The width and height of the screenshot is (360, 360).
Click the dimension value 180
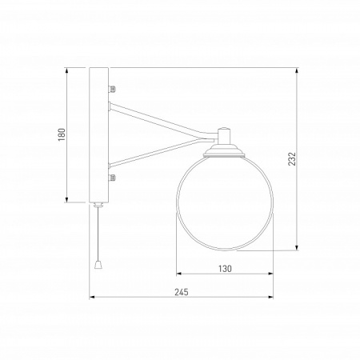point(62,134)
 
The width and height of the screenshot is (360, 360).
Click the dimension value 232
point(292,159)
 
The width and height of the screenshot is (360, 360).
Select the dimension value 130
point(225,269)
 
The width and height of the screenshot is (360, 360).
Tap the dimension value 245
point(182,292)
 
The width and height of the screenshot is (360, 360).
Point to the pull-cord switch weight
point(98,265)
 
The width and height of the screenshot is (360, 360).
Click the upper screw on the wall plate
point(112,88)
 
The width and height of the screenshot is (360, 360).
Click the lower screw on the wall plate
point(112,178)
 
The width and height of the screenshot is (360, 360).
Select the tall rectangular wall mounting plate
point(98,135)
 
